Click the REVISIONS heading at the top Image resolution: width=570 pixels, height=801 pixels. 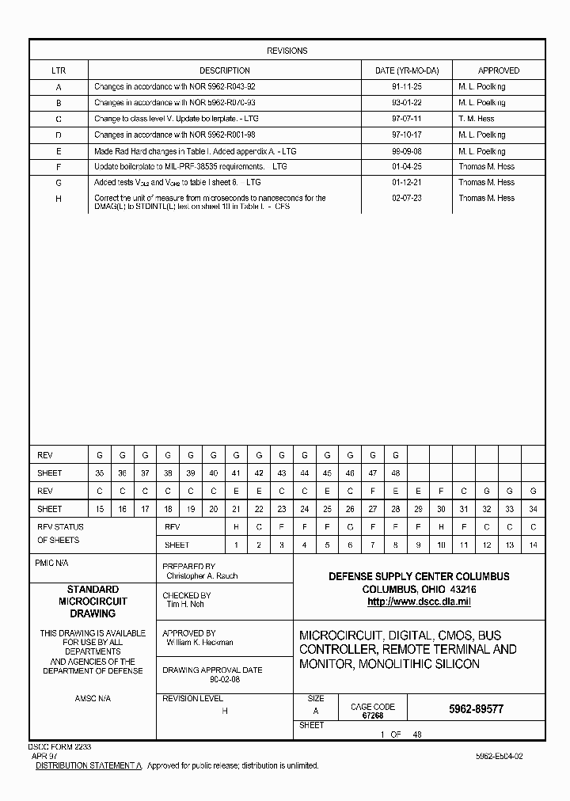pos(287,51)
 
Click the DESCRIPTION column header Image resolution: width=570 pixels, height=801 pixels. pos(224,70)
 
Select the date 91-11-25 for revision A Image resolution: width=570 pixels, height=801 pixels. pos(406,86)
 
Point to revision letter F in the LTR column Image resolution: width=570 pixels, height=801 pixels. pos(59,167)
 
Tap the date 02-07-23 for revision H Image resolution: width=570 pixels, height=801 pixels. pos(406,199)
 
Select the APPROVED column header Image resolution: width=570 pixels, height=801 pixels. pos(498,70)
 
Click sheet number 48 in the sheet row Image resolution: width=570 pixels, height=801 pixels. pos(395,473)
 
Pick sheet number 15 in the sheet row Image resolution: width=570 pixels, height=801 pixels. pos(99,510)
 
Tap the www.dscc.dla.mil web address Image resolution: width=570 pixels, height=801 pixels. pos(419,602)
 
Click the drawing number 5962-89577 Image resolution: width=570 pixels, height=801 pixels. pos(471,709)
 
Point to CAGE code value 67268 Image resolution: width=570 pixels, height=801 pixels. pos(372,716)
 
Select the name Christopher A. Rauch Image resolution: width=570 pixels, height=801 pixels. pos(201,576)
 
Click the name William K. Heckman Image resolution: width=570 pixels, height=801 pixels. pos(199,643)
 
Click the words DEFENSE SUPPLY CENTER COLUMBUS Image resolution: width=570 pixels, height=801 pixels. pos(419,577)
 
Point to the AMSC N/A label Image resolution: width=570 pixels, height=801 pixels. pos(93,699)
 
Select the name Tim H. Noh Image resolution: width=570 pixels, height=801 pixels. pos(185,604)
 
